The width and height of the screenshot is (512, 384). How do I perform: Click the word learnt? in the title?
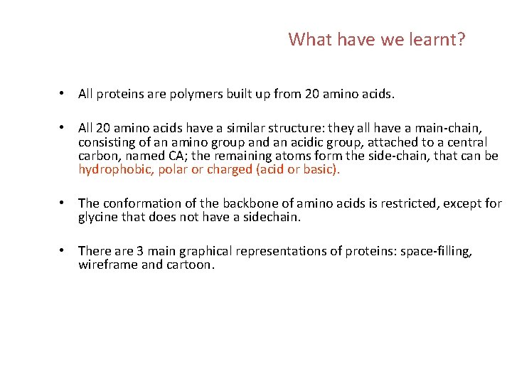pos(437,39)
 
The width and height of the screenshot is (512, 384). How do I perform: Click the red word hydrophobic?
pos(114,169)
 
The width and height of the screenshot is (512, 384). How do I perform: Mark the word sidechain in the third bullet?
pos(272,217)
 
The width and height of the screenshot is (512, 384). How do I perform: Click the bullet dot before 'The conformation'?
pos(63,204)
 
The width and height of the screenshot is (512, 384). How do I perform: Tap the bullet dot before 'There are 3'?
pos(63,251)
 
